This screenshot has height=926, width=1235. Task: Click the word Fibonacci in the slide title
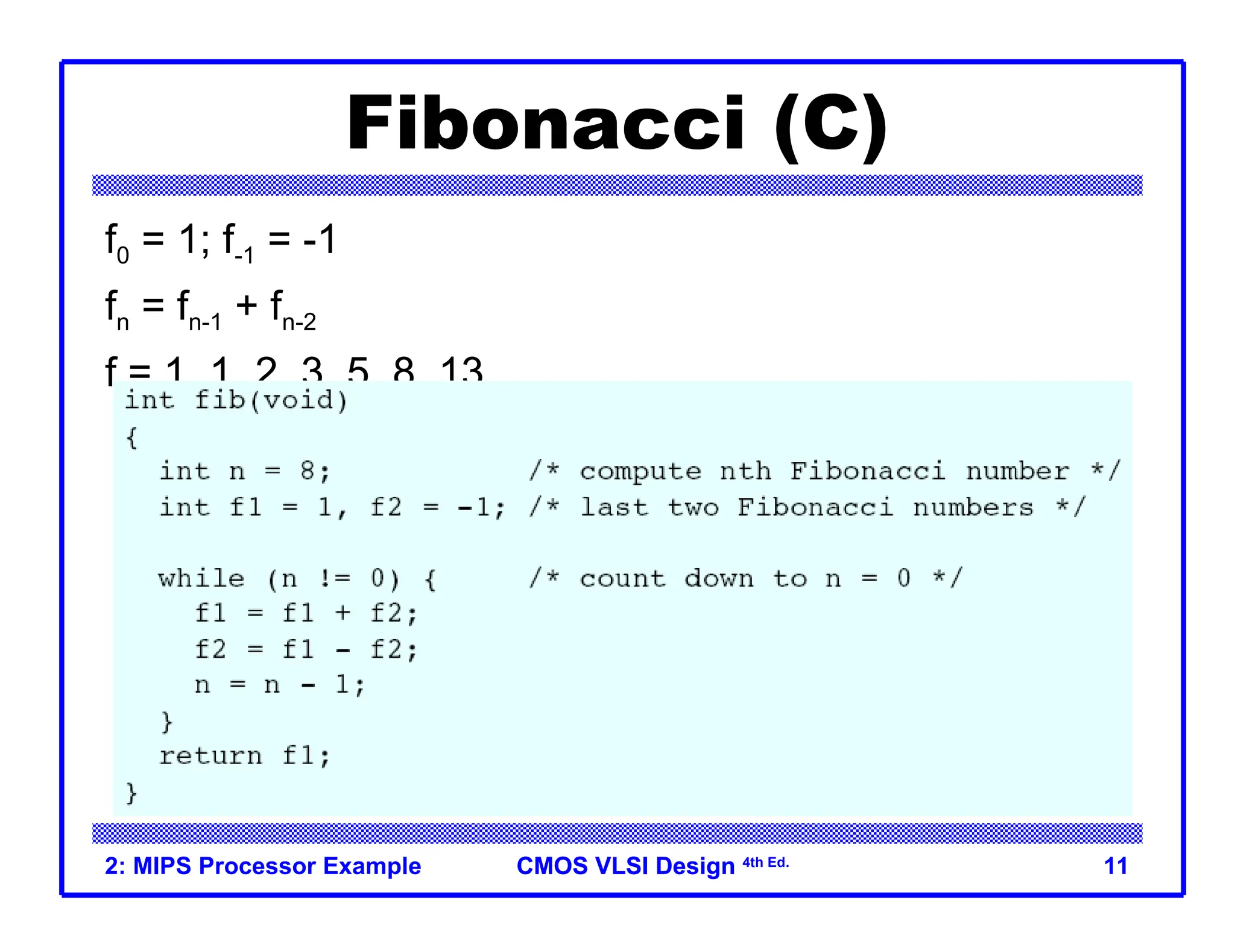click(546, 124)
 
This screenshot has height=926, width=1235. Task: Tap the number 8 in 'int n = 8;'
click(307, 470)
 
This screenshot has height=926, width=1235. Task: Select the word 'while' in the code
click(201, 578)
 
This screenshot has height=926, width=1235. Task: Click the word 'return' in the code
click(210, 755)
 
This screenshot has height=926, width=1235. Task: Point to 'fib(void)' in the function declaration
click(271, 400)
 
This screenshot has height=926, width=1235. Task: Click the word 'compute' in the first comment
click(640, 471)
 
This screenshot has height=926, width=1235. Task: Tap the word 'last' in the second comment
click(614, 507)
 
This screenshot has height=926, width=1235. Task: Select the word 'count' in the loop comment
click(622, 578)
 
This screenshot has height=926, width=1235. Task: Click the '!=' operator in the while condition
click(334, 578)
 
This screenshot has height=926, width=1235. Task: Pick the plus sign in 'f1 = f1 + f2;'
click(343, 613)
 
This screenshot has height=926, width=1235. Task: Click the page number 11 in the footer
click(1115, 866)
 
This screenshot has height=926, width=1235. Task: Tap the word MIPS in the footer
click(162, 866)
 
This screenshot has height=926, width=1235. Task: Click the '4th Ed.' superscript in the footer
click(765, 863)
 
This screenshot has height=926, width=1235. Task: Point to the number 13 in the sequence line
click(461, 369)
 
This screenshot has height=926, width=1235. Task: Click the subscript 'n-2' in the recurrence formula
click(298, 323)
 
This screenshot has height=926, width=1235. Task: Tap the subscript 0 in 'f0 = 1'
click(122, 256)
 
